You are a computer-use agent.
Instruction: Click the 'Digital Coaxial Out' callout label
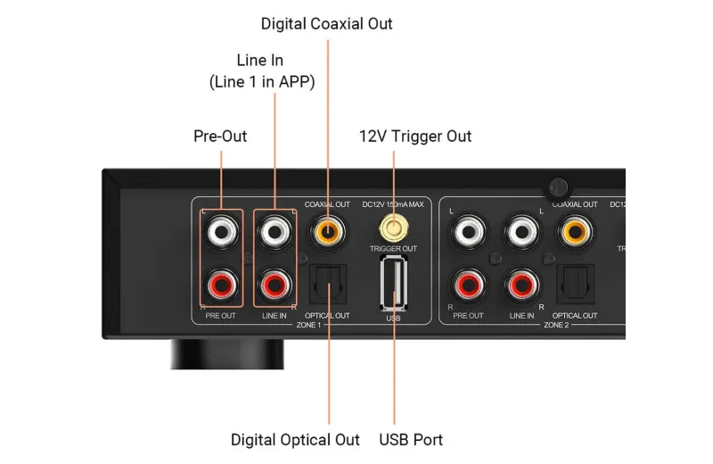pyautogui.click(x=326, y=24)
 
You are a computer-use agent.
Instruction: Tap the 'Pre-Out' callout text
pyautogui.click(x=220, y=137)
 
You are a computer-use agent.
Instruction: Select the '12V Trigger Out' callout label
pyautogui.click(x=415, y=137)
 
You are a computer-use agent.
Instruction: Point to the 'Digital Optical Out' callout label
pyautogui.click(x=295, y=440)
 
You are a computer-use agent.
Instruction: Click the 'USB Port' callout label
pyautogui.click(x=411, y=440)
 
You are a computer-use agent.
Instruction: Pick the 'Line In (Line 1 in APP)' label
pyautogui.click(x=262, y=71)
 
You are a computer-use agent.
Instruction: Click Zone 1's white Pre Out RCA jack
pyautogui.click(x=221, y=232)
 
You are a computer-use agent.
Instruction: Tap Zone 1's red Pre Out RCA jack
pyautogui.click(x=221, y=286)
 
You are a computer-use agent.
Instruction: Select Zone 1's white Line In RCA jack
pyautogui.click(x=275, y=232)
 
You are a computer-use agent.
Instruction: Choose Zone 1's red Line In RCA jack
pyautogui.click(x=275, y=286)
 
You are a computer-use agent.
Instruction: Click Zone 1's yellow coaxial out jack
pyautogui.click(x=327, y=232)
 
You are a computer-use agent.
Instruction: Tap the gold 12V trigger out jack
pyautogui.click(x=393, y=228)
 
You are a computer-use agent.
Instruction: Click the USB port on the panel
pyautogui.click(x=394, y=283)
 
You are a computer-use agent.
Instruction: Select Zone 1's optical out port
pyautogui.click(x=328, y=284)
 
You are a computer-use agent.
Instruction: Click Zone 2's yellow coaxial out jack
pyautogui.click(x=575, y=232)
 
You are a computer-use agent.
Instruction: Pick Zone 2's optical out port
pyautogui.click(x=575, y=284)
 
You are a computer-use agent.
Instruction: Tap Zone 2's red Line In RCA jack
pyautogui.click(x=522, y=286)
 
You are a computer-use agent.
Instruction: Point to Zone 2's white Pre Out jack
pyautogui.click(x=469, y=232)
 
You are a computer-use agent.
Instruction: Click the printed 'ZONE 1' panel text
pyautogui.click(x=308, y=325)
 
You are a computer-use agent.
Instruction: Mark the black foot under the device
pyautogui.click(x=227, y=354)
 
